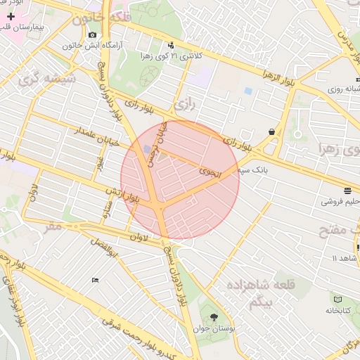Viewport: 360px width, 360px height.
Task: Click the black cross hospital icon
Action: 11,15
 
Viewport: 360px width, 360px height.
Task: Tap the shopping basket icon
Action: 271,131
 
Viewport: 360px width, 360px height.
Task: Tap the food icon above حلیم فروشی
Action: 347,191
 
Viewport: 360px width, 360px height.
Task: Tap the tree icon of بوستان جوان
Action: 214,316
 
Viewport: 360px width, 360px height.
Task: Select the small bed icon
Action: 96,281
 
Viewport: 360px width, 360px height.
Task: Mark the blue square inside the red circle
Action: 146,149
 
